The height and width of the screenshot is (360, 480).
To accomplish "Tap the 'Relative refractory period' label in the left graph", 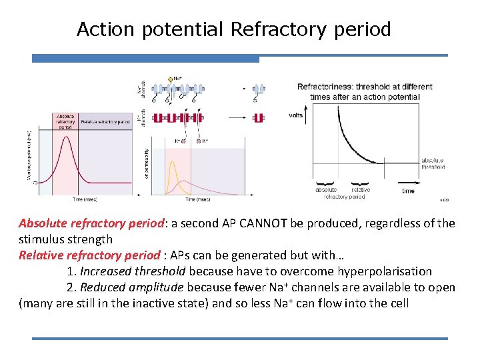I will (x=105, y=122).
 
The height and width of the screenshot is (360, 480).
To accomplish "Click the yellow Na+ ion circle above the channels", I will (x=171, y=79).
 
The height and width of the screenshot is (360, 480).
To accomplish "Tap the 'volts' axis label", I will (x=295, y=115).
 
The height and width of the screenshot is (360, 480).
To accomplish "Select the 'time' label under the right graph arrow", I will (x=408, y=191).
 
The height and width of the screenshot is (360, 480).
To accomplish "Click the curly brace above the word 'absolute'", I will (x=325, y=182).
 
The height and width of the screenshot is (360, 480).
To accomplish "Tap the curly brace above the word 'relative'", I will (x=359, y=182).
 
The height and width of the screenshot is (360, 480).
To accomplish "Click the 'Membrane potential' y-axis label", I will (x=29, y=157).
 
